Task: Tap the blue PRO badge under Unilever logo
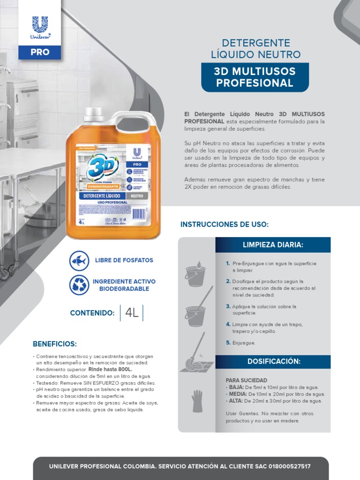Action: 40,52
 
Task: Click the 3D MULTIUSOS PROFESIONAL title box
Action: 255,77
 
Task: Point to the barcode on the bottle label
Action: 140,213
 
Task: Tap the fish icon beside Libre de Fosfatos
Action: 79,260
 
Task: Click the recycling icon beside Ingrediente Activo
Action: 79,285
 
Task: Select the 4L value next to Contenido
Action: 132,313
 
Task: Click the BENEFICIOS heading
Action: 55,344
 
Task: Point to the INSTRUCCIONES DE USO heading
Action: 225,225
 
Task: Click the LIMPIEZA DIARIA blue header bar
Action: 273,245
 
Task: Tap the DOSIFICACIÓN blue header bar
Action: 273,361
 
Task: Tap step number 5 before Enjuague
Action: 227,343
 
